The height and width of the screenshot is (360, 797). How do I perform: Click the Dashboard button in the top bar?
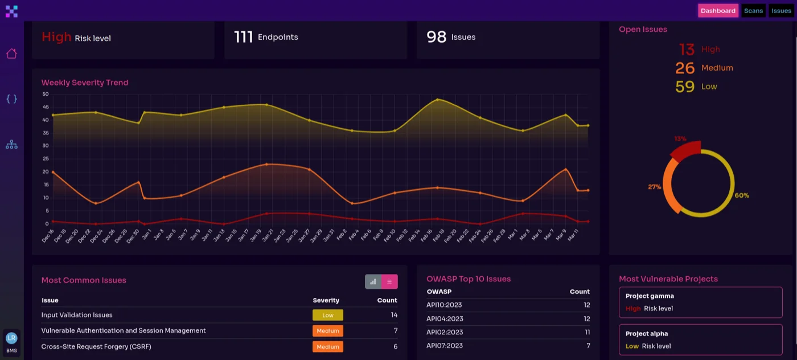tap(718, 11)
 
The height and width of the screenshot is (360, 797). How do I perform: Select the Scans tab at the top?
tap(753, 11)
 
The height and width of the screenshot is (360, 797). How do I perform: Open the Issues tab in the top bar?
tap(781, 11)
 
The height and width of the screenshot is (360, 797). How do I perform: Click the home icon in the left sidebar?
tap(11, 54)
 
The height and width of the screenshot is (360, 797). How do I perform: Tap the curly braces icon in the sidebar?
tap(11, 99)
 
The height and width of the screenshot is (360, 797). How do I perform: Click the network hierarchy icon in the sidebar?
tap(11, 145)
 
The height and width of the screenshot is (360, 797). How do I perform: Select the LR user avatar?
tap(11, 338)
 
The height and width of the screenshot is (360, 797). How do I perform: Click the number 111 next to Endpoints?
tap(243, 37)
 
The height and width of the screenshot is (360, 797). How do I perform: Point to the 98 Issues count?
tap(437, 37)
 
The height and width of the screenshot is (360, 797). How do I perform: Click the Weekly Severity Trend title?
tap(85, 83)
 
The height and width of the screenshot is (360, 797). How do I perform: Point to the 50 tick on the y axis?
tap(46, 94)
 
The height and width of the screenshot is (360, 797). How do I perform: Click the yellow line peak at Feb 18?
tap(437, 100)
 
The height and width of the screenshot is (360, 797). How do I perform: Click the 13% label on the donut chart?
tap(680, 138)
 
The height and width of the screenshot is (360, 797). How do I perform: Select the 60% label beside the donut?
tap(742, 195)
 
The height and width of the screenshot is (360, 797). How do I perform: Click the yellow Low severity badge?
tap(327, 315)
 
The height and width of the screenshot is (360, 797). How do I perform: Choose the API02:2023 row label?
tap(445, 332)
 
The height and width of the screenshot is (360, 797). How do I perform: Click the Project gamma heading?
tap(650, 296)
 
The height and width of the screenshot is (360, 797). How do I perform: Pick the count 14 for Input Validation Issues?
tap(394, 315)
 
